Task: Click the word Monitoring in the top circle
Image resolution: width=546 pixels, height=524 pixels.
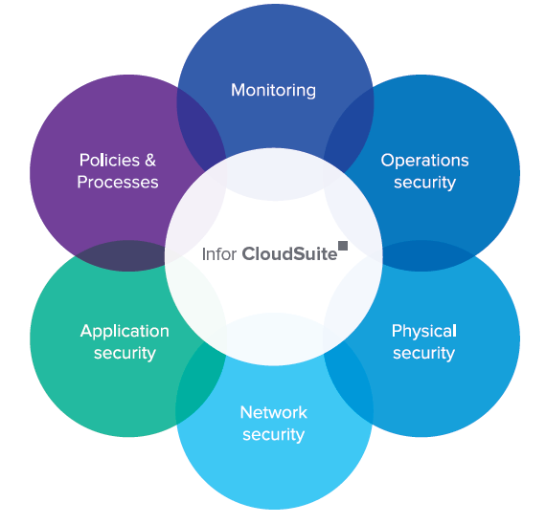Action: [x=273, y=91]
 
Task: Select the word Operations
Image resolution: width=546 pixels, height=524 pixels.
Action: [x=424, y=160]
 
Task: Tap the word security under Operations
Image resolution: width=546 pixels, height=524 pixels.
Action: [x=424, y=183]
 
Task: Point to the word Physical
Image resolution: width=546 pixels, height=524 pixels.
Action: [x=423, y=331]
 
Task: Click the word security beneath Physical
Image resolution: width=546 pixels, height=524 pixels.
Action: [x=423, y=354]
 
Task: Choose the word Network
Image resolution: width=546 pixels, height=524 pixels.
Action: [x=273, y=412]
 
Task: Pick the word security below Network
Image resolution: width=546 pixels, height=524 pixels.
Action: [x=273, y=435]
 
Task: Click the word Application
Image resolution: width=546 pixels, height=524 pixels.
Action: [x=125, y=331]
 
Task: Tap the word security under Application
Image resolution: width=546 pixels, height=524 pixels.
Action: [x=125, y=354]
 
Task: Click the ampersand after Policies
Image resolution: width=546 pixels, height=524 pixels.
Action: [x=150, y=160]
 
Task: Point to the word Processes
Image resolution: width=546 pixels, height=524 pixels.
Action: [x=118, y=183]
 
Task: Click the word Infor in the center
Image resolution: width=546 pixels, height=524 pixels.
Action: [x=219, y=254]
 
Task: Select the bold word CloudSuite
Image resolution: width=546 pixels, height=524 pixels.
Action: [x=289, y=254]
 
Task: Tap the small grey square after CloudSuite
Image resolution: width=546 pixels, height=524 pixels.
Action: [x=343, y=246]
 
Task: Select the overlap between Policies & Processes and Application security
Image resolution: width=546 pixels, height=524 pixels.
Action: [x=105, y=256]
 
